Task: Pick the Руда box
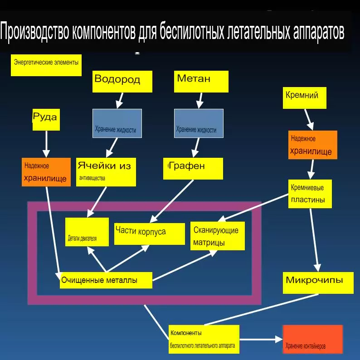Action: [x=46, y=119]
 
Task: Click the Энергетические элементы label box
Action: [x=46, y=65]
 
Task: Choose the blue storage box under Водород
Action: [x=117, y=123]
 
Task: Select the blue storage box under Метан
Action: [x=199, y=123]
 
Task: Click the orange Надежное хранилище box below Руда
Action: [x=46, y=172]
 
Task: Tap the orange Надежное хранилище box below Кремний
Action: [x=313, y=145]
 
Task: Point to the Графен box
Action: [x=193, y=168]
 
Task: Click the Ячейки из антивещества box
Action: [x=106, y=171]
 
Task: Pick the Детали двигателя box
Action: [x=87, y=232]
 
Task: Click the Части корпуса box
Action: [x=149, y=233]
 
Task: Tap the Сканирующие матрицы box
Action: [x=217, y=236]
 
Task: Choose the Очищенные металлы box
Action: [x=106, y=280]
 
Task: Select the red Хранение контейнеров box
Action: [x=312, y=340]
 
